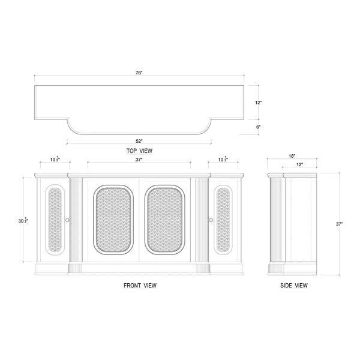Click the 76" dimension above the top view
tap(139, 73)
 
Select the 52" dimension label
tap(139, 141)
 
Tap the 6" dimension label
tap(258, 127)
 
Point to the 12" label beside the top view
tap(258, 103)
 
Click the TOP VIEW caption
tap(139, 151)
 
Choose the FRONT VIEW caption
tap(140, 286)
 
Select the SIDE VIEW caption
tap(294, 286)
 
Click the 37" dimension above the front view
tap(139, 160)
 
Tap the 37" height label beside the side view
tap(340, 224)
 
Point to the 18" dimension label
tap(292, 156)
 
